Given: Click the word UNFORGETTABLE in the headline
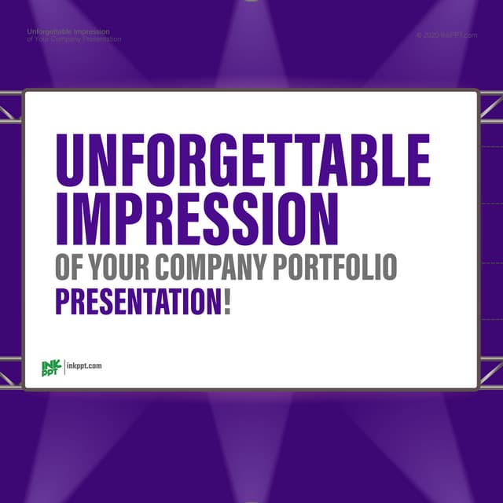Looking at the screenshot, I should coord(242,160).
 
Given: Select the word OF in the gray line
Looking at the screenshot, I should coord(69,267).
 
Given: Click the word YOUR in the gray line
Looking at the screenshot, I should coord(119,267).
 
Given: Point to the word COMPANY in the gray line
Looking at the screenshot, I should coord(211,267).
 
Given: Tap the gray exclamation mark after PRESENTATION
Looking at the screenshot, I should coord(227,302).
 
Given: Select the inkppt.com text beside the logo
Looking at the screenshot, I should coord(84,366).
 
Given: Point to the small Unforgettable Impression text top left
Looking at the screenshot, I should coord(68,32).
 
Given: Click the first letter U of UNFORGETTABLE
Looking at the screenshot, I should coord(69,160).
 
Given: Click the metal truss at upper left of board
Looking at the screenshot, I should coord(10,108).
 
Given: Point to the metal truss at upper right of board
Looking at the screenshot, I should coord(491,108).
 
